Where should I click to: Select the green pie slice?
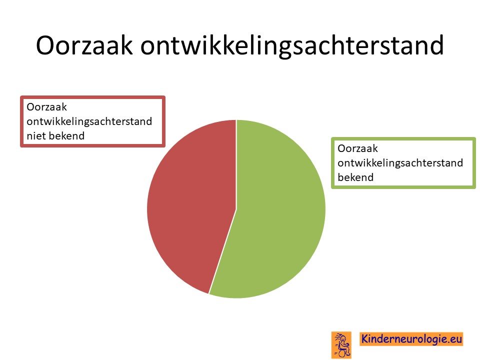click(275, 211)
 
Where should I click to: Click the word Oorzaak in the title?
click(84, 45)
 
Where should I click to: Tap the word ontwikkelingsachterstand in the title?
click(292, 46)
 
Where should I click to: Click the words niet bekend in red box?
click(55, 135)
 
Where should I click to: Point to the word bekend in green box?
click(355, 177)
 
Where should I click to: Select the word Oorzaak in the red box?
click(46, 107)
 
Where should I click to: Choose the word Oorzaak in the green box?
click(357, 148)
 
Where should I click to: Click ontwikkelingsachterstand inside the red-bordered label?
click(89, 121)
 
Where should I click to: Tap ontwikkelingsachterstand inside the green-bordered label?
click(400, 163)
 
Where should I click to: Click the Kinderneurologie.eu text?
click(411, 339)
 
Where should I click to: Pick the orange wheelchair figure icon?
click(341, 344)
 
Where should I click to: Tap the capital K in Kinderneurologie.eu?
click(365, 339)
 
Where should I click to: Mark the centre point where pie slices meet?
click(236, 209)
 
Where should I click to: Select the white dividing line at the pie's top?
click(236, 164)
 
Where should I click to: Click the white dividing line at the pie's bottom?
click(222, 251)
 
